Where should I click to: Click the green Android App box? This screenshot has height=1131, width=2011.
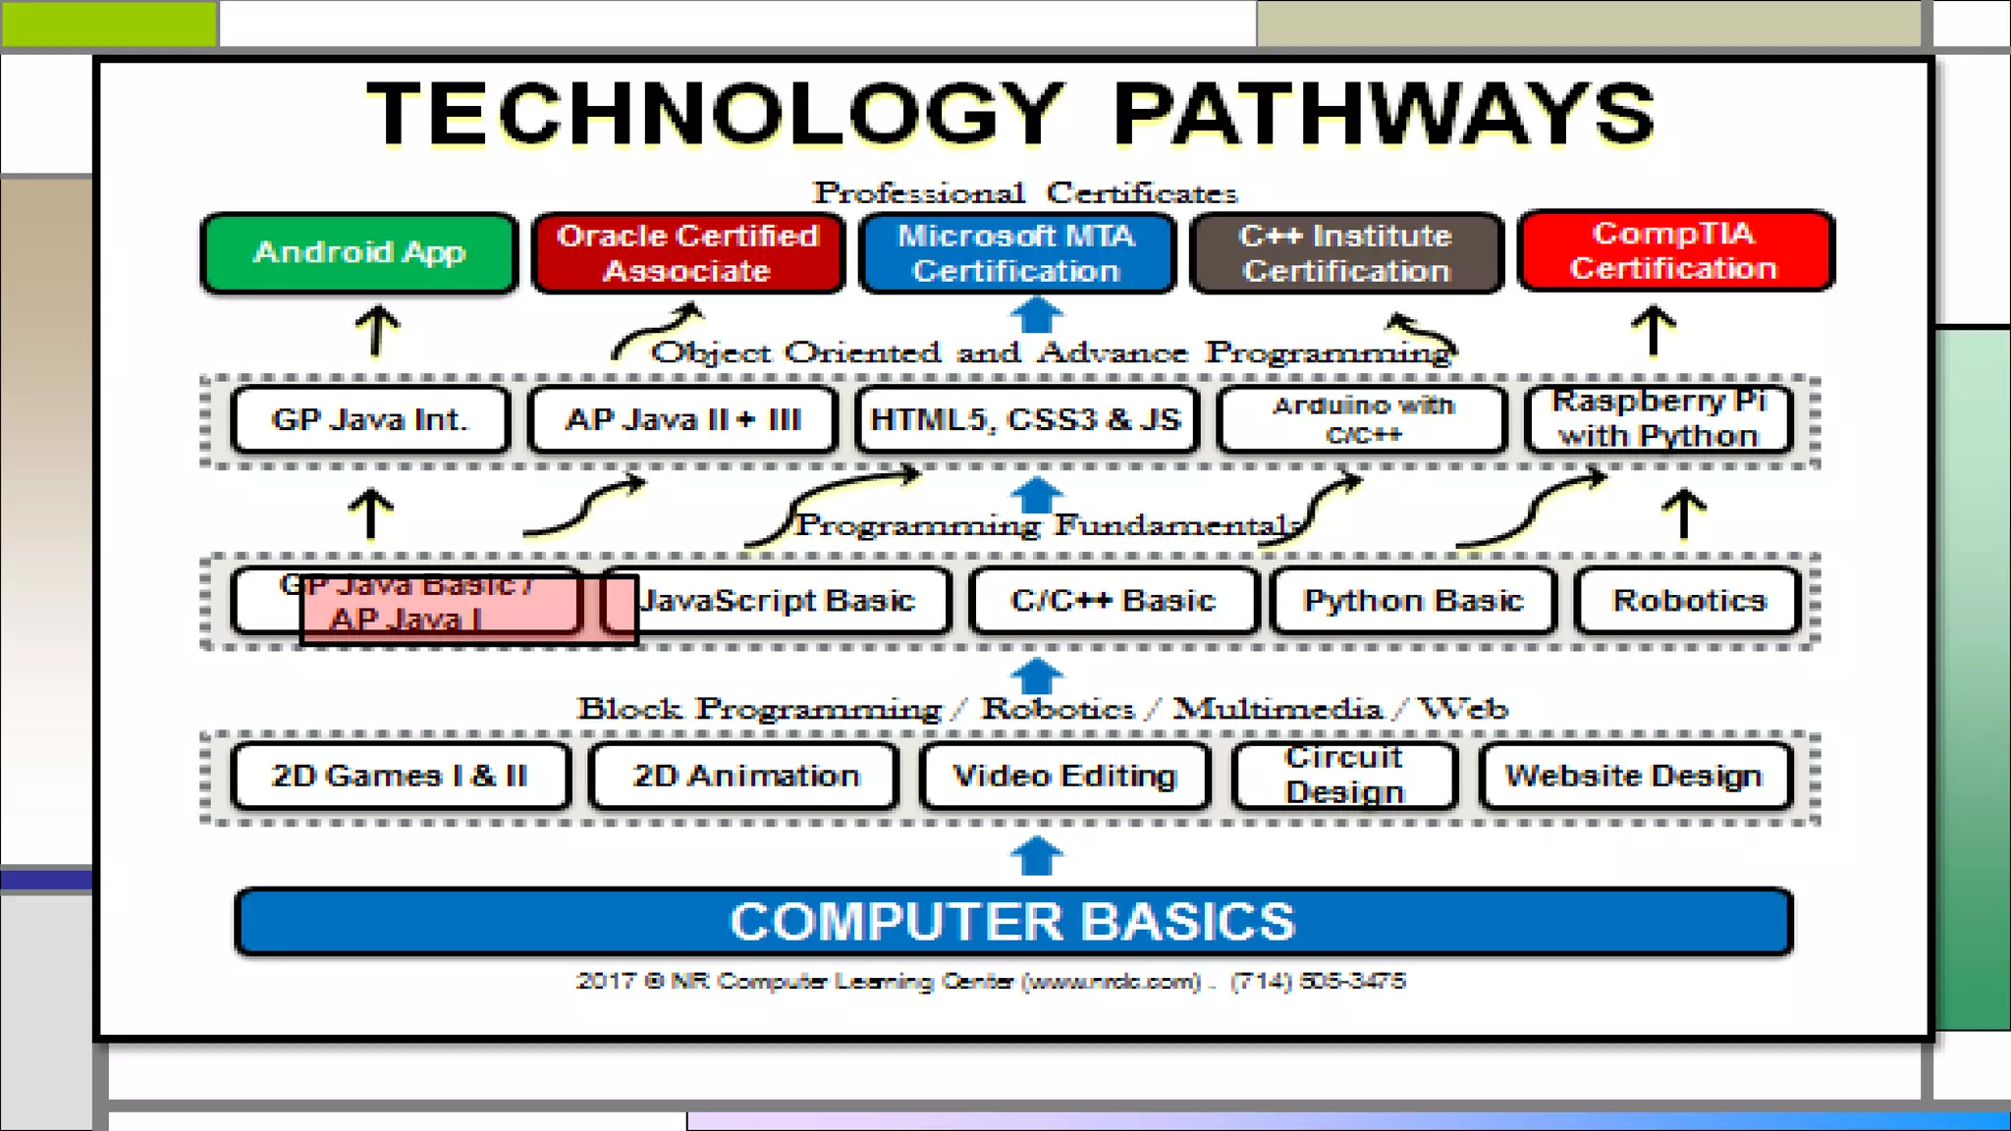[359, 252]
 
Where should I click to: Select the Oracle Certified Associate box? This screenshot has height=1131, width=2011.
[687, 252]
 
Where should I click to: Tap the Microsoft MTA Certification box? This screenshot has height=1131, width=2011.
[1017, 252]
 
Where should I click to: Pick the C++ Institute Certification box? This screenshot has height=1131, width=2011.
[1346, 252]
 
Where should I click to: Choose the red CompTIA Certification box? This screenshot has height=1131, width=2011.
[1675, 250]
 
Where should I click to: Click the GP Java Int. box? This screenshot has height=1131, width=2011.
[370, 419]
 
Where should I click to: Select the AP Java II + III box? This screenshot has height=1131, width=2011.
[683, 419]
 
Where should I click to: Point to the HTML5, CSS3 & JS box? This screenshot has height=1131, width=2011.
[1026, 419]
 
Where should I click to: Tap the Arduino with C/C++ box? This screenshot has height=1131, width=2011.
[1363, 419]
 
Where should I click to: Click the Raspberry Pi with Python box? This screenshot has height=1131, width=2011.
[1658, 419]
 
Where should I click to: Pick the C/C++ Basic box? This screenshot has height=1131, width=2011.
[1114, 600]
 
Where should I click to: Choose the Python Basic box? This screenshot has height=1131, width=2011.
[1413, 600]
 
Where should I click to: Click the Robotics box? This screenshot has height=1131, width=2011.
[1689, 600]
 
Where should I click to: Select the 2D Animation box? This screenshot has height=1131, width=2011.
[745, 776]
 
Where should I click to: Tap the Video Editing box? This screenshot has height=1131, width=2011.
[1064, 776]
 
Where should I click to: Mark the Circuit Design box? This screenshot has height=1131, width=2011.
[1344, 776]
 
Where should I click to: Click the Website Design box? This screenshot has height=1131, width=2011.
[1635, 776]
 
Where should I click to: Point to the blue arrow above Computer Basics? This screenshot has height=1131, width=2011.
[1037, 854]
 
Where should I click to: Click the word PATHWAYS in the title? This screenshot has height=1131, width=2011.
[1385, 114]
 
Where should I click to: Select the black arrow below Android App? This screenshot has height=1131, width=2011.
[377, 330]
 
